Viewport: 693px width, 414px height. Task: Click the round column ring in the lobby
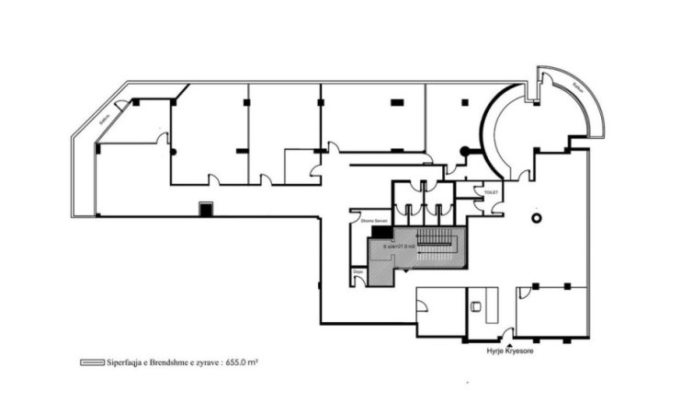(x=538, y=218)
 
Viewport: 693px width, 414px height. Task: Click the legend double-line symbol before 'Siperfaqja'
(x=91, y=362)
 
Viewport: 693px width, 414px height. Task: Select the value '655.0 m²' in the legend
(x=241, y=362)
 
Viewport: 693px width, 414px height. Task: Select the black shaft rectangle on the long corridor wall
(x=206, y=210)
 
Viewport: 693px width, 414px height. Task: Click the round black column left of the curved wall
(x=464, y=151)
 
